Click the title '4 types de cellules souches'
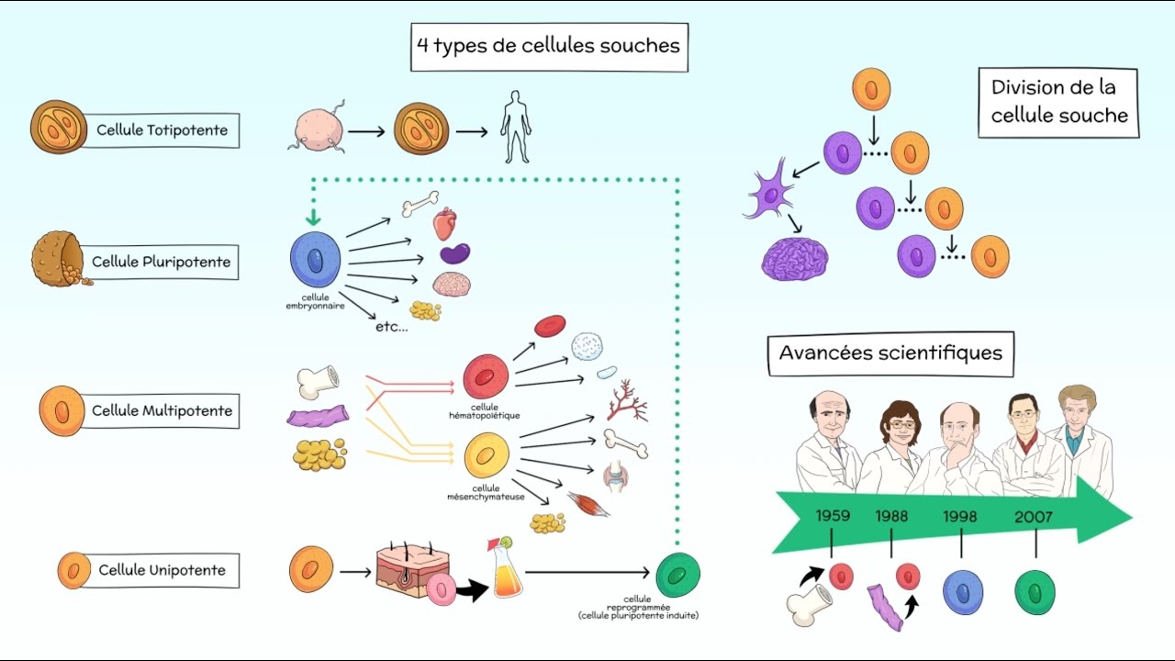point(549,44)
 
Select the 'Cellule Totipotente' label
point(162,130)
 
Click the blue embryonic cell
point(316,262)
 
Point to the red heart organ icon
point(444,224)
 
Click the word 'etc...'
point(392,327)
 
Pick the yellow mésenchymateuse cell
point(487,457)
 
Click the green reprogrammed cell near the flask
point(677,575)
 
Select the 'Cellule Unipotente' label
point(162,570)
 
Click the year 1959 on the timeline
point(833,516)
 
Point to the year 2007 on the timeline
point(1034,517)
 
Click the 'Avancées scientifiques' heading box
point(890,353)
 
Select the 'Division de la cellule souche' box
point(1058,102)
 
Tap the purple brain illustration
point(795,259)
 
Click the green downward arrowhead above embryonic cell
point(314,218)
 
